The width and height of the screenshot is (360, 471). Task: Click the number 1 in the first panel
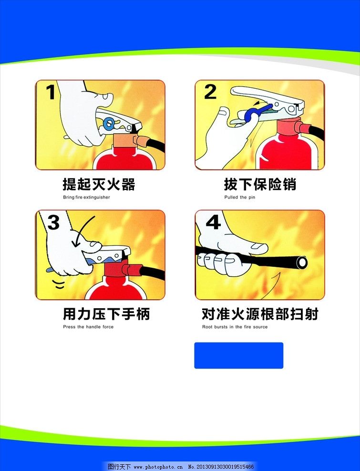pos(51,92)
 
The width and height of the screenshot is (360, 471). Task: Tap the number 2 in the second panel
pos(210,92)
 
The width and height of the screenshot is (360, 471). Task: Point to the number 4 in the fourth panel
pos(213,222)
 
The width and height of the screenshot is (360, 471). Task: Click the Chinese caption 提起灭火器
pos(99,184)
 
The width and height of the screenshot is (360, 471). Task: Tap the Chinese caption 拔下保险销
pos(260,184)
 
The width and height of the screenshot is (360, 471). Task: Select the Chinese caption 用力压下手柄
pos(106,314)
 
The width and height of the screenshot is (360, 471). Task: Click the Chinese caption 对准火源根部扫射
pos(260,314)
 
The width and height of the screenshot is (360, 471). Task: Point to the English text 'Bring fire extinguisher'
pos(86,197)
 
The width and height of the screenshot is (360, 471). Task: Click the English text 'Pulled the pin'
pos(239,197)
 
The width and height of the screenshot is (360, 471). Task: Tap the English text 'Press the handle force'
pos(88,327)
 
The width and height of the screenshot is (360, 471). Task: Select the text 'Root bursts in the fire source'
pos(235,327)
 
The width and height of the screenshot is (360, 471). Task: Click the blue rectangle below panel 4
pos(238,356)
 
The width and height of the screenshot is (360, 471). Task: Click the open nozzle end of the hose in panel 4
pos(301,262)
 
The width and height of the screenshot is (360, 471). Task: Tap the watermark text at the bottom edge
pos(181,466)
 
